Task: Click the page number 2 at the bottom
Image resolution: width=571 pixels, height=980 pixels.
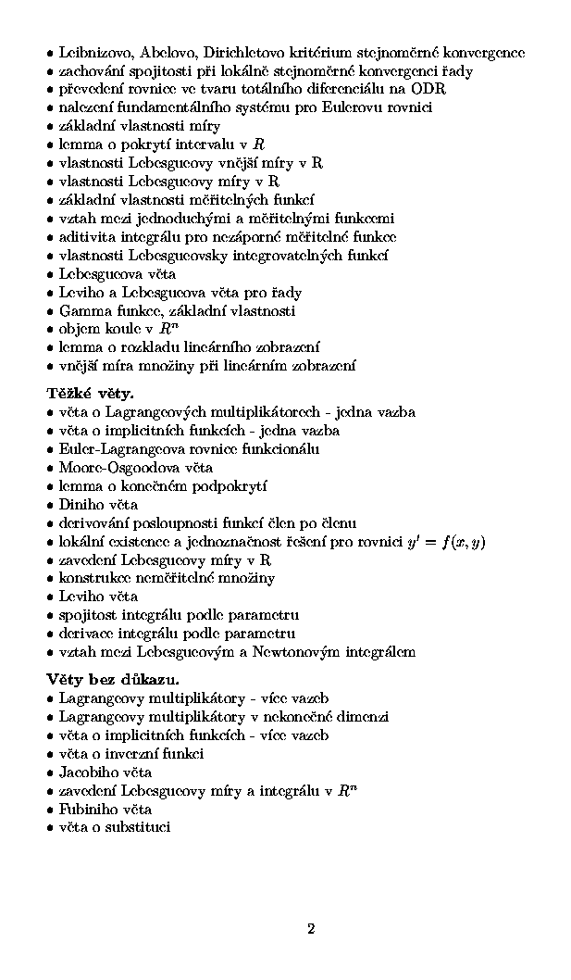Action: pyautogui.click(x=311, y=929)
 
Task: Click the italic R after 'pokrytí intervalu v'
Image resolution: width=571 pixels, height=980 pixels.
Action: pyautogui.click(x=259, y=144)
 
